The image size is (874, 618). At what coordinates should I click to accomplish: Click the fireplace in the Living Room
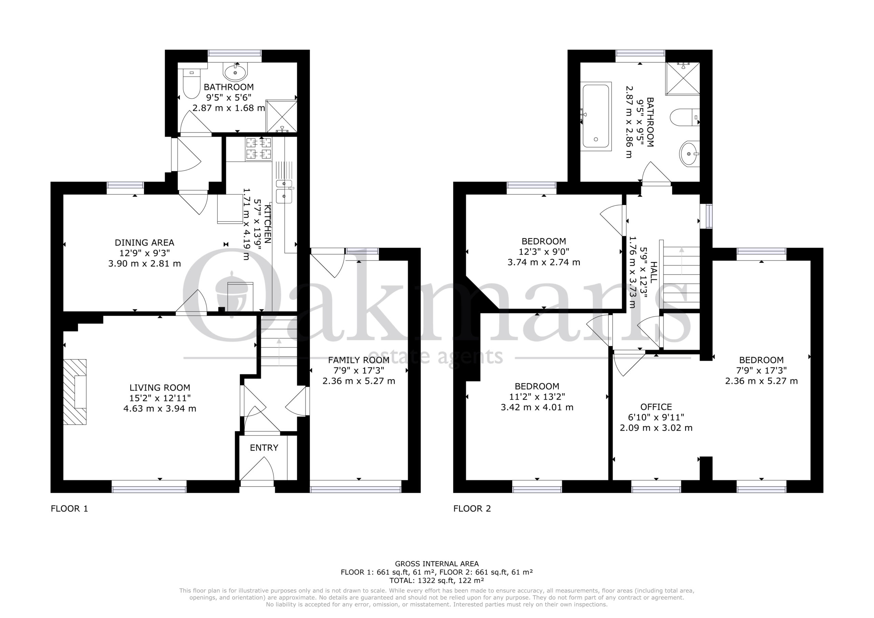click(x=75, y=391)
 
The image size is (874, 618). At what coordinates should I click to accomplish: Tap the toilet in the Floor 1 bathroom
click(x=190, y=84)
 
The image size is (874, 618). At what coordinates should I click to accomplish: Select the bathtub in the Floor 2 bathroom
click(x=596, y=116)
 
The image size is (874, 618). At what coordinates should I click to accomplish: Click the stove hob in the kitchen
click(x=258, y=148)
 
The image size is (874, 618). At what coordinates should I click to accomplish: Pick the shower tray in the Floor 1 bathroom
click(x=281, y=116)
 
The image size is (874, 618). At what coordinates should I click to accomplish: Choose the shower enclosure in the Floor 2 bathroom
click(x=682, y=78)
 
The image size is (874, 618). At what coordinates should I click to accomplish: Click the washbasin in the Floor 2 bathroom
click(x=689, y=154)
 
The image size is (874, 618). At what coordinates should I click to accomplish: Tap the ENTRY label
click(x=264, y=448)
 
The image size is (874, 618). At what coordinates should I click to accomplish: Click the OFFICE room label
click(x=656, y=407)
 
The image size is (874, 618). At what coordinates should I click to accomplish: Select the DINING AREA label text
click(x=145, y=242)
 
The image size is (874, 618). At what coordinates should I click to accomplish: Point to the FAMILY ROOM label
click(x=358, y=360)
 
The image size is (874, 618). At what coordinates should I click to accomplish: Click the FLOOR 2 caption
click(x=472, y=509)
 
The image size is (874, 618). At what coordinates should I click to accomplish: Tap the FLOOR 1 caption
click(x=69, y=509)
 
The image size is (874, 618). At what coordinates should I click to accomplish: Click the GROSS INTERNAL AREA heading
click(x=437, y=564)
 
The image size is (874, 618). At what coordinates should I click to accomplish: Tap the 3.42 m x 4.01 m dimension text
click(x=537, y=407)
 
